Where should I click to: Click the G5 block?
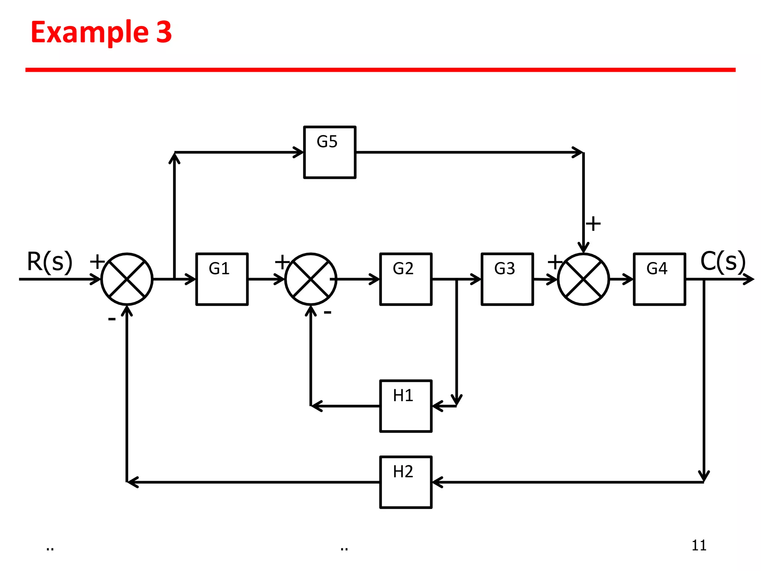pyautogui.click(x=330, y=152)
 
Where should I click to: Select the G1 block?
pyautogui.click(x=222, y=279)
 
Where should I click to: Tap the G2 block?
pyautogui.click(x=406, y=279)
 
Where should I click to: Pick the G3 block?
pyautogui.click(x=507, y=279)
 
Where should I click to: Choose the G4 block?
pyautogui.click(x=659, y=279)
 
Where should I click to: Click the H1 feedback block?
pyautogui.click(x=406, y=406)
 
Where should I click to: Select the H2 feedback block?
pyautogui.click(x=406, y=482)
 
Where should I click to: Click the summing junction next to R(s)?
pyautogui.click(x=127, y=279)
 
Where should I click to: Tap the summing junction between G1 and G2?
pyautogui.click(x=311, y=279)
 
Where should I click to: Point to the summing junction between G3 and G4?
pyautogui.click(x=583, y=279)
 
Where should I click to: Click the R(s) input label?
pyautogui.click(x=49, y=262)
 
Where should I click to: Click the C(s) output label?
pyautogui.click(x=723, y=262)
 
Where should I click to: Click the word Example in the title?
pyautogui.click(x=90, y=32)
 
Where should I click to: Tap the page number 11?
pyautogui.click(x=699, y=545)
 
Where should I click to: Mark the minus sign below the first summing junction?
pyautogui.click(x=111, y=319)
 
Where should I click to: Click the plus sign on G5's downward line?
pyautogui.click(x=593, y=224)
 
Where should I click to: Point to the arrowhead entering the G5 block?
pyautogui.click(x=299, y=152)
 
